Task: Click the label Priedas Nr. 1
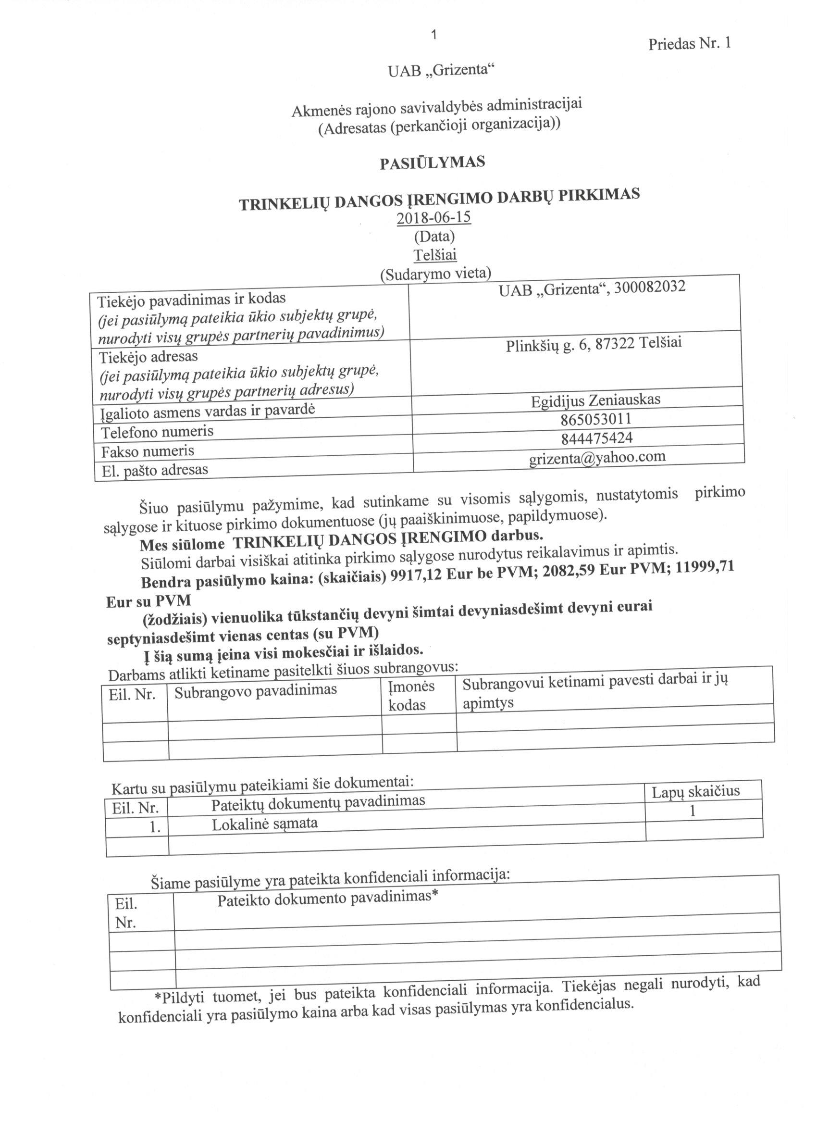coord(689,44)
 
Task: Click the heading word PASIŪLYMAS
coord(432,163)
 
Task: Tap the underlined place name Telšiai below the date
coord(435,255)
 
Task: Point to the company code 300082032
coord(650,287)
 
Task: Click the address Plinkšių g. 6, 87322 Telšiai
coord(594,343)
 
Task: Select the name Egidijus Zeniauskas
coord(595,400)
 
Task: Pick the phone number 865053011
coord(596,419)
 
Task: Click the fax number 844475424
coord(597,438)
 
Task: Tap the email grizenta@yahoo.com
coord(597,457)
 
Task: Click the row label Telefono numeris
coord(157,432)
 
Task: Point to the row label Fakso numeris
coord(148,451)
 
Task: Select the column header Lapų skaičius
coord(695,791)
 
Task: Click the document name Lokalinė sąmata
coord(265,824)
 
